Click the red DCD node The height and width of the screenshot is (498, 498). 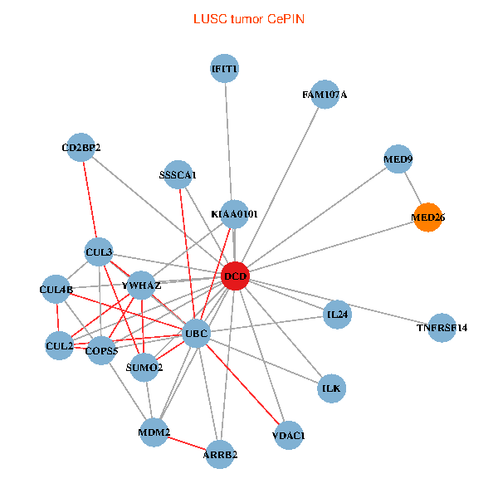pos(235,275)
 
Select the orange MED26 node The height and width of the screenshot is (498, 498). pos(428,218)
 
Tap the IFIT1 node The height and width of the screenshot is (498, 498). pos(225,69)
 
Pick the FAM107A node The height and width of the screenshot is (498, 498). pos(325,95)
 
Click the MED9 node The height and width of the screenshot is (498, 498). pos(398,159)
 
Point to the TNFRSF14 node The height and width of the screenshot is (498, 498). pos(442,328)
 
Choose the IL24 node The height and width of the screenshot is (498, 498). pos(338,315)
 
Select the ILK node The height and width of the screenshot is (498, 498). pos(331,388)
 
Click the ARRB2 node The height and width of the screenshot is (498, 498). pos(221,454)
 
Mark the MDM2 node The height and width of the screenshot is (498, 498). pos(154,432)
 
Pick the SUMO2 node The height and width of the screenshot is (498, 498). pos(144,367)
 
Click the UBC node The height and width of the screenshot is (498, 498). pos(196,334)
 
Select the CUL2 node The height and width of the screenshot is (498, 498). pos(59,345)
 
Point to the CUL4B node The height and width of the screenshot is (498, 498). pos(56,290)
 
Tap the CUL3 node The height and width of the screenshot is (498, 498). pos(99,252)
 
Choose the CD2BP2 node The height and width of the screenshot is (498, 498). pos(81,149)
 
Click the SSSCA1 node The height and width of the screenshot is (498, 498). pos(178,175)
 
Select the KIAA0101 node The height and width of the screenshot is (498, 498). pos(234,214)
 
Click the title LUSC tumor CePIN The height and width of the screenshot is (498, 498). pos(248,18)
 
